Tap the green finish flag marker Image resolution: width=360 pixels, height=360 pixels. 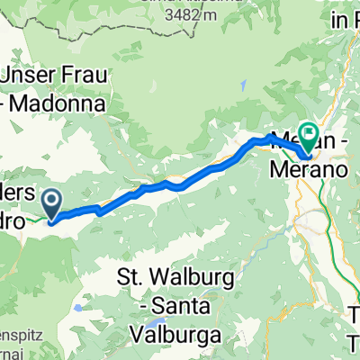coord(308,136)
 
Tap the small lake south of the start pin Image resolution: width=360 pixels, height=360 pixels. coord(78,282)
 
